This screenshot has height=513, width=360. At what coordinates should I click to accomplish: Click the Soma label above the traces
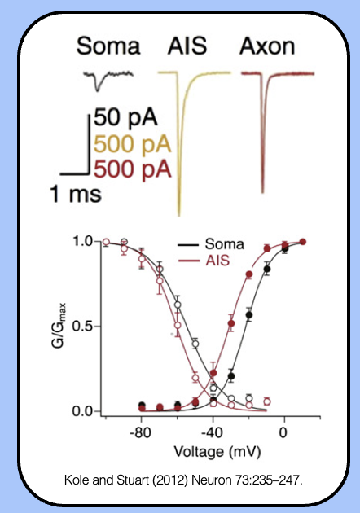[108, 46]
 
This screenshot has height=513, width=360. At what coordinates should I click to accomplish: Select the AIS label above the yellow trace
[188, 46]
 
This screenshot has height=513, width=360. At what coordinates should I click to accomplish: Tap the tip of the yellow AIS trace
[180, 213]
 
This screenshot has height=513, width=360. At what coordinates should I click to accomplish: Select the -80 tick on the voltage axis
[141, 432]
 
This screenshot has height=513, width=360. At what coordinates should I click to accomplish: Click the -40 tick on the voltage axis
[212, 432]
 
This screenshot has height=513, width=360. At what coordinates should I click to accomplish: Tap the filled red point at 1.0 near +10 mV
[303, 241]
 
